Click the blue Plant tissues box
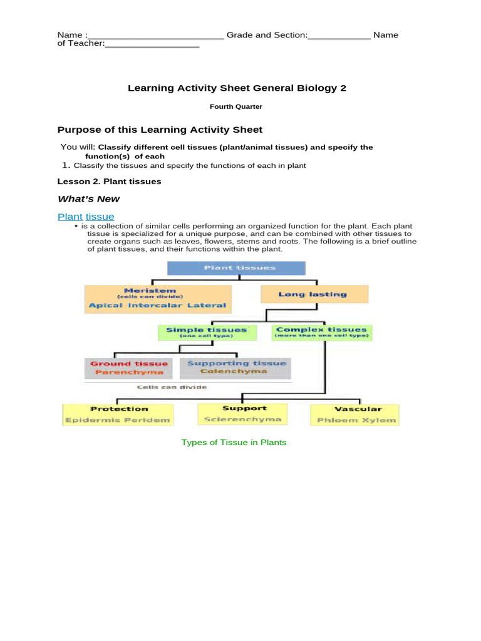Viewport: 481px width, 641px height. (235, 268)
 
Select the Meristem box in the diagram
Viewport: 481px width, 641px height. (158, 299)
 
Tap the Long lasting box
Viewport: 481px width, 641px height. (314, 294)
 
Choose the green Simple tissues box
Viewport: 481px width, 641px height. (206, 332)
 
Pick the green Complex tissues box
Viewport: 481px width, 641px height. (322, 332)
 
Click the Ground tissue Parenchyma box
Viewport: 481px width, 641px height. (129, 368)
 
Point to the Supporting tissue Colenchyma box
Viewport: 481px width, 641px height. (235, 368)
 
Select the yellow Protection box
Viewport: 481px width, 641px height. (118, 414)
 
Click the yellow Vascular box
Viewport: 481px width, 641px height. (354, 414)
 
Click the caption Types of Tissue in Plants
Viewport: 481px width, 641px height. (234, 443)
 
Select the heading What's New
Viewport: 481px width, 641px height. (88, 199)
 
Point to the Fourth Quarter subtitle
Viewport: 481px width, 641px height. (235, 107)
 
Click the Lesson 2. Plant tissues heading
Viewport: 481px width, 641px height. (109, 182)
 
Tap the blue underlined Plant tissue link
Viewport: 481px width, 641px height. (86, 217)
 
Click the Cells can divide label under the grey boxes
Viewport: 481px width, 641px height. (172, 387)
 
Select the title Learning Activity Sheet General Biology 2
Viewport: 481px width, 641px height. (237, 88)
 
